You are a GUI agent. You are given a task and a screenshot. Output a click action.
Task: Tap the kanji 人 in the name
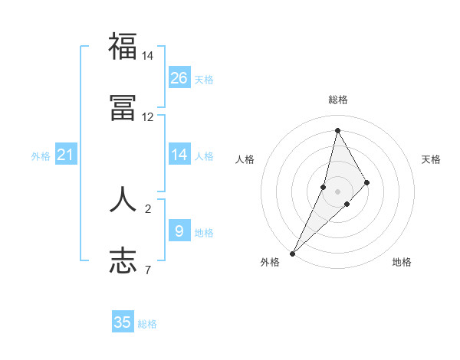pos(123,198)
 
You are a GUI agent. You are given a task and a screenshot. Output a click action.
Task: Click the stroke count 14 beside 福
pos(148,56)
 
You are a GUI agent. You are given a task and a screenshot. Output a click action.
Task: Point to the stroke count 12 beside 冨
pos(148,117)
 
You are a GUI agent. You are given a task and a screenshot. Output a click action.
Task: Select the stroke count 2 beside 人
pos(148,208)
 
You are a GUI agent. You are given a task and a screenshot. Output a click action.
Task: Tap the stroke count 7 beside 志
pos(148,270)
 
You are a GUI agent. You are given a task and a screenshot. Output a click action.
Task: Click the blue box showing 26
pos(179,77)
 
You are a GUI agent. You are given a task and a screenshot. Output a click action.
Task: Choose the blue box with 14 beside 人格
pos(179,155)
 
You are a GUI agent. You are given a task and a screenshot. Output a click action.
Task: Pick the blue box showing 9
pos(179,231)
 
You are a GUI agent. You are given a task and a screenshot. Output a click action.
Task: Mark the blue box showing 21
pos(66,155)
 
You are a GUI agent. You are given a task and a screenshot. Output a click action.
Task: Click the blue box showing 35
pos(123,322)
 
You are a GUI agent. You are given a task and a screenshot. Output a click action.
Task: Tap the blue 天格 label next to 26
pos(204,79)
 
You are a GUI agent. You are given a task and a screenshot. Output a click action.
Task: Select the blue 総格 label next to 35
pos(147,324)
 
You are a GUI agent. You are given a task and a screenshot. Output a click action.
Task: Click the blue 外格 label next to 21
pos(41,156)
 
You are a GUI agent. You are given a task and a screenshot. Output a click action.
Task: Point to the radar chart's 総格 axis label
pos(337,100)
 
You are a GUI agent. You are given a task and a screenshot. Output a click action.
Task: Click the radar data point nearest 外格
pos(292,253)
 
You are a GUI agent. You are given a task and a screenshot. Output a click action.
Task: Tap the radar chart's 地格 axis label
pos(402,262)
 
